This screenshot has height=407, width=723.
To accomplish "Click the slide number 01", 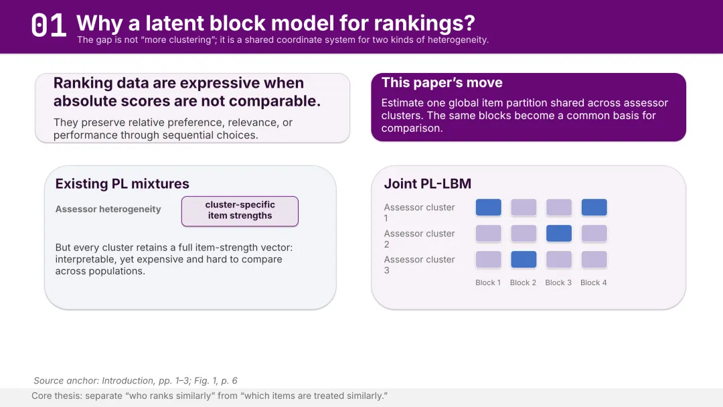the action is coord(48,25).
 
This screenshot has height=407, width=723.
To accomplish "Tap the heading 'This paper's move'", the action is coord(442,82).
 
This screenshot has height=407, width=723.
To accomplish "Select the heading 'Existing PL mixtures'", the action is coord(123,184).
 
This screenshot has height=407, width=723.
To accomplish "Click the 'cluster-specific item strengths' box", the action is coord(240,211).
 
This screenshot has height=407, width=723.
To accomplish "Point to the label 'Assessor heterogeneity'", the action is coord(108,210).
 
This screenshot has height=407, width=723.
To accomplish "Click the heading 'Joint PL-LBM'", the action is coord(427,184).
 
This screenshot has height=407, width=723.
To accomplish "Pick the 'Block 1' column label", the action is coord(488,282).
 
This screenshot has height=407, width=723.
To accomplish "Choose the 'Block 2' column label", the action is coord(523,282).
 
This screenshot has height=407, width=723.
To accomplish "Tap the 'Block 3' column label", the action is coord(558,282).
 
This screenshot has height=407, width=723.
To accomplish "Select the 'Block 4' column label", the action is coord(593,282).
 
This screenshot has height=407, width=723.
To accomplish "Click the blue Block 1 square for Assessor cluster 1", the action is coord(488,208).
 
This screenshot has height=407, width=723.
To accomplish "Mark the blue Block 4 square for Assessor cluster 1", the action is coord(594,208).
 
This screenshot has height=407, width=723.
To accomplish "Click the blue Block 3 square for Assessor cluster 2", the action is coord(559,233).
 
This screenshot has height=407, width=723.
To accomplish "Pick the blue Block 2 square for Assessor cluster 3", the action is coord(524,260).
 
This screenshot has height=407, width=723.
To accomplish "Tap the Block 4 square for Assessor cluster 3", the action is coord(594,260).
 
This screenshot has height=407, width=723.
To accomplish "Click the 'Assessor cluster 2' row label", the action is coord(419,239).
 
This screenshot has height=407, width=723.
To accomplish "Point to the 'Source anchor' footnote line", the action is coord(135,381).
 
